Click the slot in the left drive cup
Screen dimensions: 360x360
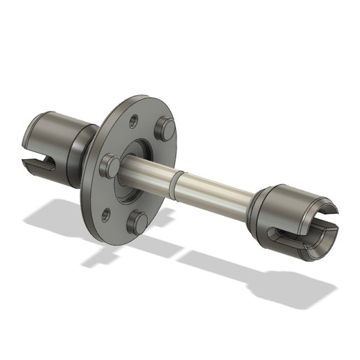coord(36,165)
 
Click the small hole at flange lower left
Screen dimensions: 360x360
coord(105,213)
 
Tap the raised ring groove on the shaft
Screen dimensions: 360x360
coord(178,175)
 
